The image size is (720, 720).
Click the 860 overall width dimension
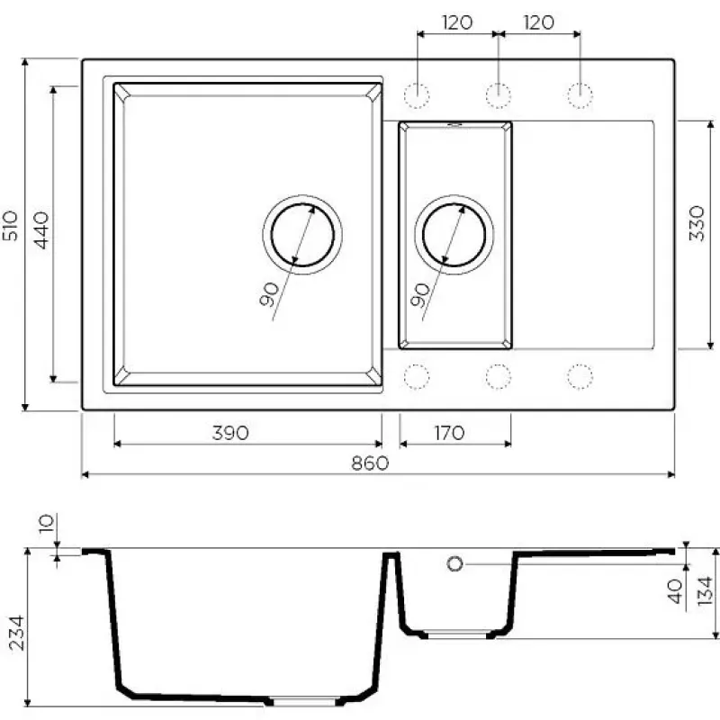click(x=370, y=463)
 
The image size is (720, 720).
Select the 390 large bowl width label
click(x=230, y=433)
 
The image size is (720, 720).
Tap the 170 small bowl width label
click(x=449, y=433)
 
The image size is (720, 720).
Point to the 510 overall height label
click(x=11, y=226)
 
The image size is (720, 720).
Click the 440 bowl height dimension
click(x=41, y=230)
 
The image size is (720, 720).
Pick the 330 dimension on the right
click(x=697, y=223)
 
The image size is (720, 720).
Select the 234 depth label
click(x=17, y=633)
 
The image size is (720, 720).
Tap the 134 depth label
click(x=705, y=591)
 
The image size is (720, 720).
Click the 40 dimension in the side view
click(x=675, y=591)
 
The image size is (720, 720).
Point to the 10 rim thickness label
click(x=47, y=524)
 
